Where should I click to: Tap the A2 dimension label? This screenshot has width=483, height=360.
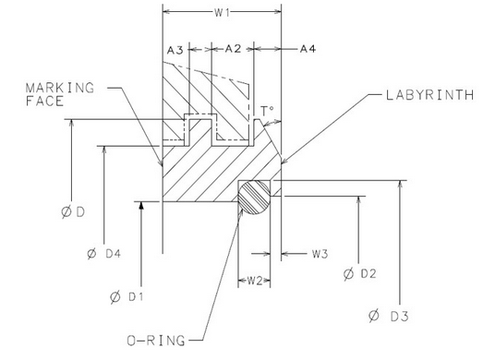tap(233, 49)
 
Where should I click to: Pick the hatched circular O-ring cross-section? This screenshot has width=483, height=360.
tap(257, 196)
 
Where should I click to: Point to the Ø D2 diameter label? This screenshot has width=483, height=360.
tap(361, 273)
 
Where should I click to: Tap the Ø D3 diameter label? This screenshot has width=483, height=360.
tap(389, 317)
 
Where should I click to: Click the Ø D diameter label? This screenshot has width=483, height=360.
tap(76, 212)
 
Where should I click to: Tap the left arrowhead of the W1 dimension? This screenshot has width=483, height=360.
tap(166, 14)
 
